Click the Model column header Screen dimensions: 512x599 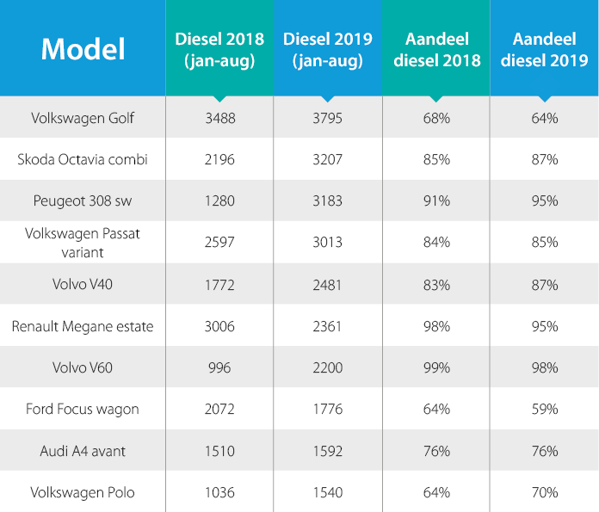tap(83, 48)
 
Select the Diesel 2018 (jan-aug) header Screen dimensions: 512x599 tap(219, 49)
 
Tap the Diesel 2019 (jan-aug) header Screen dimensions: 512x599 tap(327, 49)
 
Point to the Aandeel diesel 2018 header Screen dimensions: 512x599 tap(436, 49)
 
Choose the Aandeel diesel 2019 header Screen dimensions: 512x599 tap(544, 49)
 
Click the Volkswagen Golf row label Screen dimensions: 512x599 tap(83, 118)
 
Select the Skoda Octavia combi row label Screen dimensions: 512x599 tap(83, 159)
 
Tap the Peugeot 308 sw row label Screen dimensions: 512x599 tap(83, 201)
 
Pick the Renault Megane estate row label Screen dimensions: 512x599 tap(83, 326)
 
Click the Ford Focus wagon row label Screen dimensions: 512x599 tap(83, 409)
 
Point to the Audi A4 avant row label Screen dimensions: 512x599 tap(83, 451)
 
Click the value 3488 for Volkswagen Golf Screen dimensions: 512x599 tap(219, 118)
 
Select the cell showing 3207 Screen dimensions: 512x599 tap(327, 159)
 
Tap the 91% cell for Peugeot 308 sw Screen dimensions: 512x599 tap(436, 201)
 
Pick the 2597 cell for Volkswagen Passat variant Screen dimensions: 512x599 tap(219, 243)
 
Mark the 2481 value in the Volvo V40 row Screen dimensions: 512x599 tap(327, 285)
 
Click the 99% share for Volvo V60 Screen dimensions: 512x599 tap(436, 367)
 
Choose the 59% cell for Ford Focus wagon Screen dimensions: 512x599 tap(544, 409)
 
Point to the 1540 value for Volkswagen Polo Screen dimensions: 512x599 tap(327, 492)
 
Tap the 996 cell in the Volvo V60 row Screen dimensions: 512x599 tap(219, 367)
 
